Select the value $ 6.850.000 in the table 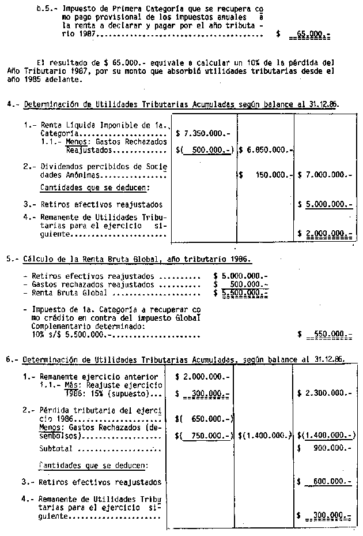click(x=266, y=150)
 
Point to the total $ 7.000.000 click(x=326, y=174)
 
